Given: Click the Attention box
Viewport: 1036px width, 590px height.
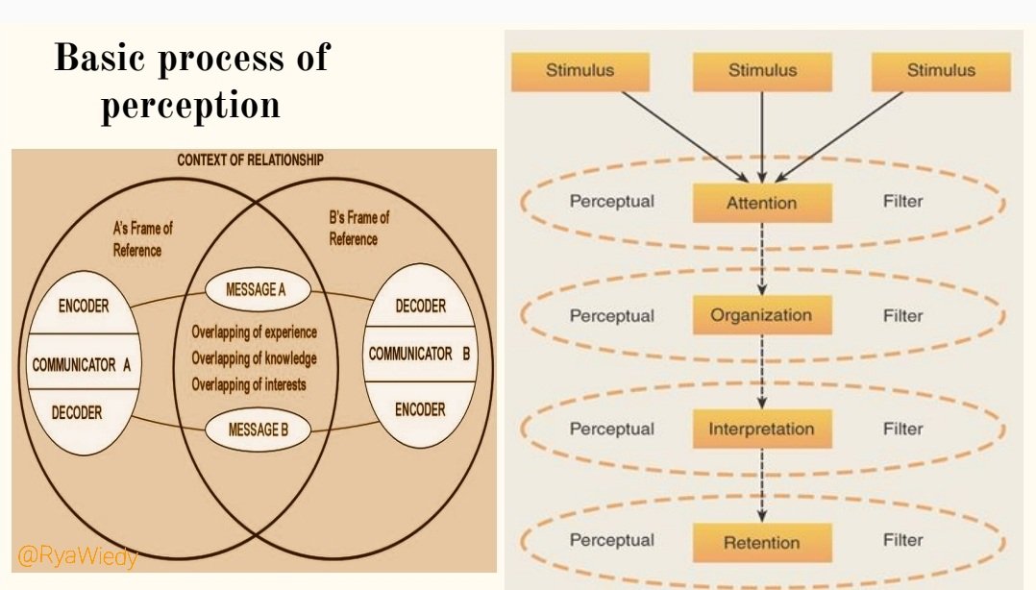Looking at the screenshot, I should [761, 203].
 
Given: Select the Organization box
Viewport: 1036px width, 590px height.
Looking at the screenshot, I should [761, 315].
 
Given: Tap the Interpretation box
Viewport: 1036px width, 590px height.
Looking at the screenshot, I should [761, 429].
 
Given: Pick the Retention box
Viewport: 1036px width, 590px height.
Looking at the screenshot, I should [761, 542].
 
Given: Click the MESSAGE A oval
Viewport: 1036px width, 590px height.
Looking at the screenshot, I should [259, 288].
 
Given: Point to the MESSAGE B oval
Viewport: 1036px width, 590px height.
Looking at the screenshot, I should [259, 430].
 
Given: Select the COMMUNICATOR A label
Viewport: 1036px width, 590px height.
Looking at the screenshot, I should [82, 365].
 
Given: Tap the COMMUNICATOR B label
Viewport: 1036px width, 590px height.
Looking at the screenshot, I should [419, 355].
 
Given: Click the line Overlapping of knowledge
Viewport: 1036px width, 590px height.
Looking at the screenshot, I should [254, 358].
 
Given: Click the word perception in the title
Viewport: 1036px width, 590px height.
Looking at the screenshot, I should [190, 104].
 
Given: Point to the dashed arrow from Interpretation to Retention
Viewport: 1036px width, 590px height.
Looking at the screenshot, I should [762, 485].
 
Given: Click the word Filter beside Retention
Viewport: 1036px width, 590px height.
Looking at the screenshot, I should [902, 540].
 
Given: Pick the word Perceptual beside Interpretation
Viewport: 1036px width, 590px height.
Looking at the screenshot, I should [611, 429].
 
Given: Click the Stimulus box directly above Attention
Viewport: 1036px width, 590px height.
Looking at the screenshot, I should [762, 70].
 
